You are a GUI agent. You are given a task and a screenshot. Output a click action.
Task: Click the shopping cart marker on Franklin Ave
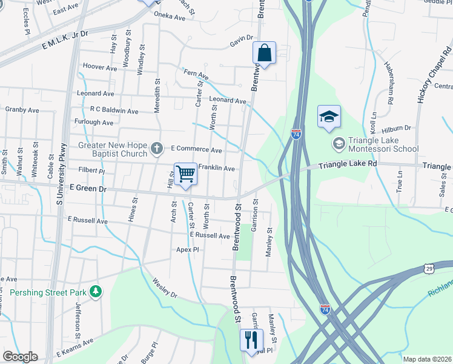[185, 174]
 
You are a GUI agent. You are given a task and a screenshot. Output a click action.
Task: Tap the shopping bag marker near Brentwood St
[265, 53]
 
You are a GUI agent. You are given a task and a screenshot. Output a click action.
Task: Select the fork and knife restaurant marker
[251, 340]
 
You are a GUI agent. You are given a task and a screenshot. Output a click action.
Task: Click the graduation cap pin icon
[329, 117]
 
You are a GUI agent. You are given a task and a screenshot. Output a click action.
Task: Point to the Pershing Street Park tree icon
[95, 292]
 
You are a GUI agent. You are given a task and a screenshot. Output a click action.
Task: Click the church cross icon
[157, 147]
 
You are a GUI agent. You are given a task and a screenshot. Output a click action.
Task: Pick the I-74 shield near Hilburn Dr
[296, 134]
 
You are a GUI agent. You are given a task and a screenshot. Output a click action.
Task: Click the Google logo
[19, 357]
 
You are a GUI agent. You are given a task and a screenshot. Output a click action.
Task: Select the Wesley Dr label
[164, 284]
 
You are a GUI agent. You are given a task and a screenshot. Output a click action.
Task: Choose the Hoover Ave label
[100, 67]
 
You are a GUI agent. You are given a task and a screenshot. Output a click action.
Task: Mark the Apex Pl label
[188, 249]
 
